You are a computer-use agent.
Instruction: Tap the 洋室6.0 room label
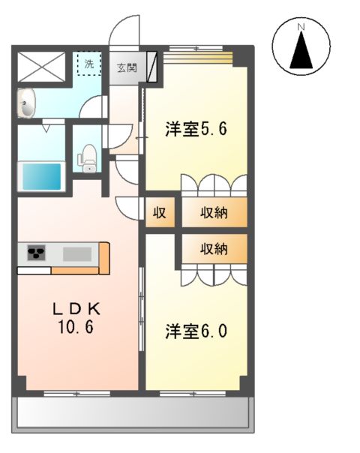pos(196,331)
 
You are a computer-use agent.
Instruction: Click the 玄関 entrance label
pos(126,67)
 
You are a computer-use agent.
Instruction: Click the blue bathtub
pos(42,177)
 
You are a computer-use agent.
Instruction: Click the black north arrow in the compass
pos(301,51)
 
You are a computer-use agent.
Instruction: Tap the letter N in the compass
pos(301,28)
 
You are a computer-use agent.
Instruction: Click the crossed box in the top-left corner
pos(42,66)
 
